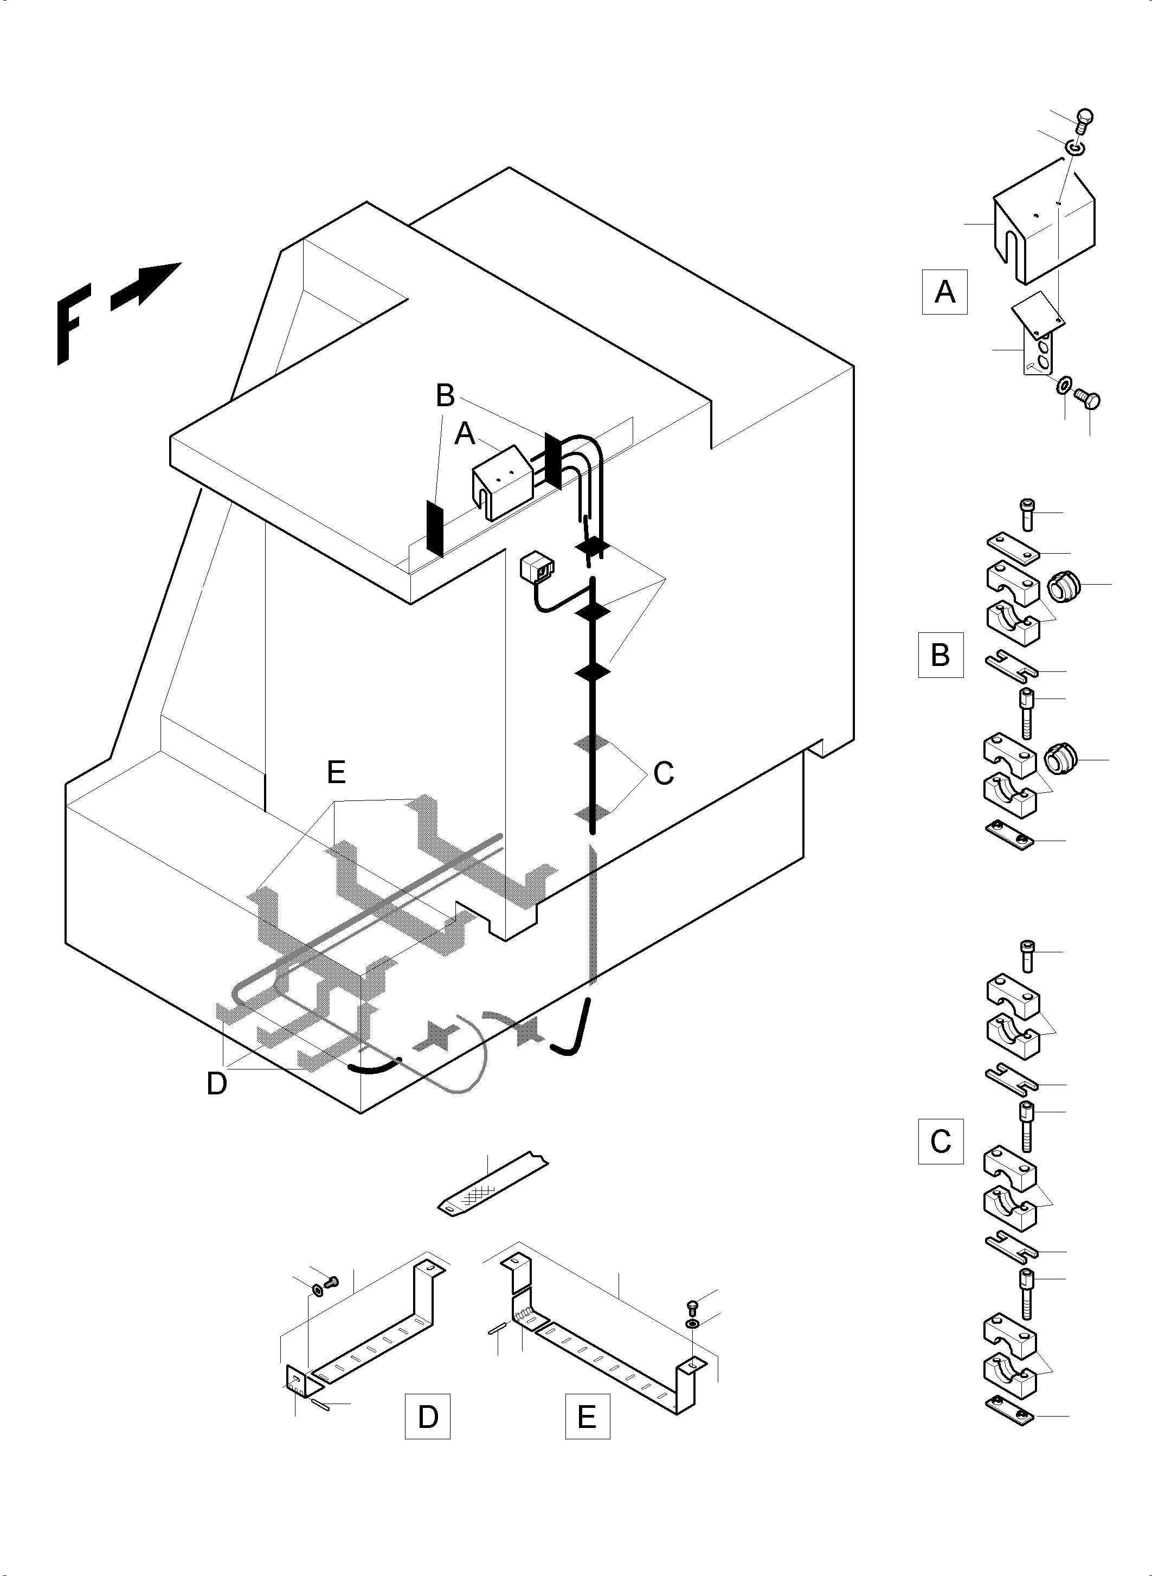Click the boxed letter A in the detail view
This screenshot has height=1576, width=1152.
tap(944, 292)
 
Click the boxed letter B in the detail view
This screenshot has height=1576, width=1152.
tap(940, 655)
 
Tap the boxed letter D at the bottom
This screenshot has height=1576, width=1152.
tap(428, 1416)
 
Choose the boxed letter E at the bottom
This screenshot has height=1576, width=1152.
tap(587, 1416)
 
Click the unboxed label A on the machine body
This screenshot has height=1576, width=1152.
tap(465, 434)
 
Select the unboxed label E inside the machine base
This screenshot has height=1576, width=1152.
tap(336, 772)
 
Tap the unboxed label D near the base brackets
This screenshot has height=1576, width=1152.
tap(217, 1084)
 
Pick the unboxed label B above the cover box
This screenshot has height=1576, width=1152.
tap(445, 395)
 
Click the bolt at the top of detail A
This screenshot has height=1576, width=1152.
tap(1084, 120)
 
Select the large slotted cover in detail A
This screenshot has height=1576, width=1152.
tap(1042, 227)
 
